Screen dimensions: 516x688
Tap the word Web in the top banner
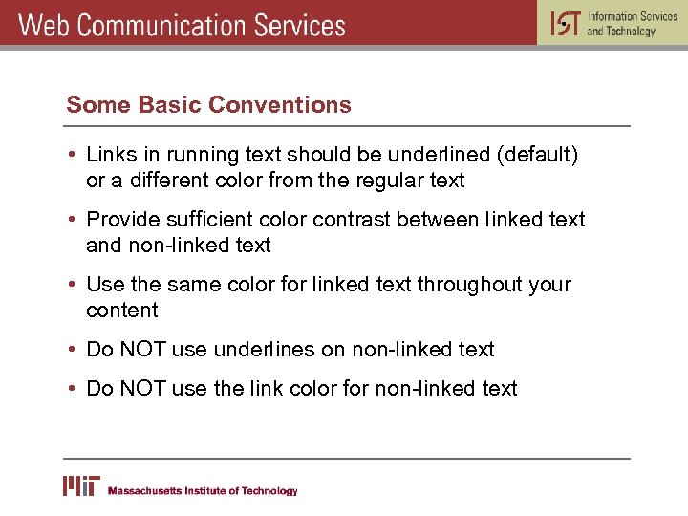tap(44, 24)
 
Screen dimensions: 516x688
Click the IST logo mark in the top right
tap(565, 23)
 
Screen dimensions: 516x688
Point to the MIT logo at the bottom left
tap(80, 486)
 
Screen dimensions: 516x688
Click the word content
tap(122, 311)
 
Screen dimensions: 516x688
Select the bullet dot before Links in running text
tap(73, 155)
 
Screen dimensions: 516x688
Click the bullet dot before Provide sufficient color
tap(73, 220)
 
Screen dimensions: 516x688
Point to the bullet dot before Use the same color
tap(73, 285)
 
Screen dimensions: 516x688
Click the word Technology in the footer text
tap(269, 491)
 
